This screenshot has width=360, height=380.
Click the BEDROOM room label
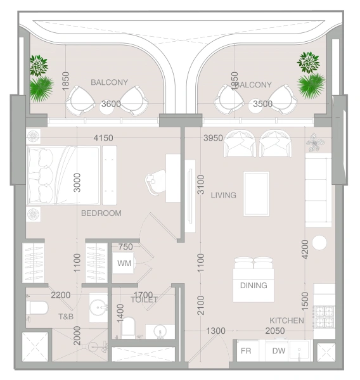pos(101,213)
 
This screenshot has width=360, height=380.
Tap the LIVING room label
pos(223,195)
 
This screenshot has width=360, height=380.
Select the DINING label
pos(253,286)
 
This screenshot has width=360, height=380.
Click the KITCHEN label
pos(286,321)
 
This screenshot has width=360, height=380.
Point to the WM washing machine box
pos(124,263)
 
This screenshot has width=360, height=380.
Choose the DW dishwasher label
pos(279,351)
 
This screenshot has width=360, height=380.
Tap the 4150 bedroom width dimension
pos(103,137)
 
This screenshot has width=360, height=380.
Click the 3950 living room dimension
pos(213,138)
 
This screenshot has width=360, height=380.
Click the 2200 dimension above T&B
pos(60,295)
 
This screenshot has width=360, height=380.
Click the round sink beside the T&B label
pos(98,308)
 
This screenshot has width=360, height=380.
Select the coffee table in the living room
pos(256,194)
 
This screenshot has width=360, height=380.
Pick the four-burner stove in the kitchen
pos(324,315)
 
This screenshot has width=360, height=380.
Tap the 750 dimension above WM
pos(125,247)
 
